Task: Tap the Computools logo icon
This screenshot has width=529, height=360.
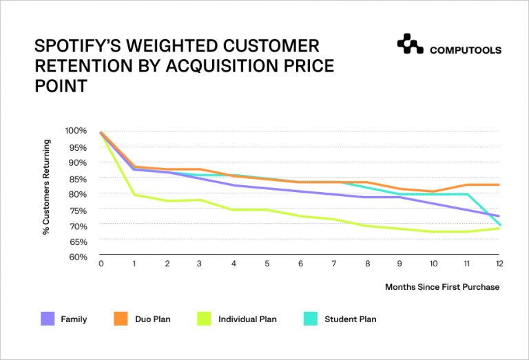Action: pos(410,44)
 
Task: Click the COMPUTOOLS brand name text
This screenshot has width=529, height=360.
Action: pos(465,50)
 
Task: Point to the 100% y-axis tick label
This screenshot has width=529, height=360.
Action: pos(76,131)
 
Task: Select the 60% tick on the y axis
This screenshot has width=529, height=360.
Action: pos(78,257)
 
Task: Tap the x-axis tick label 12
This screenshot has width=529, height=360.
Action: pos(498,263)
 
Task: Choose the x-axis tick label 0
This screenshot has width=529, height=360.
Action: pos(101,263)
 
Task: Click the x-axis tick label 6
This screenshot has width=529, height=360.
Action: pos(300,263)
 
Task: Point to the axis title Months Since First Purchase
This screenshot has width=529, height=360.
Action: pos(442,286)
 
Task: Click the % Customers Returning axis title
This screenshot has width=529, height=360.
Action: pos(47,187)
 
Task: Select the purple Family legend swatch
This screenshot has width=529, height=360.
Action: pos(48,319)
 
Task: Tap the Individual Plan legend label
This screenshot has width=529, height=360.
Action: pos(247,319)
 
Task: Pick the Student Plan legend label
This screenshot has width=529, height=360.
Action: pos(350,319)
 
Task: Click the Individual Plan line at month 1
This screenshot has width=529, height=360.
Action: pos(134,195)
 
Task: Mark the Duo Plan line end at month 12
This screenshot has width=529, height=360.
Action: pos(498,184)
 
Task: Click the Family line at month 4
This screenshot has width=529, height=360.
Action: pos(234,185)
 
